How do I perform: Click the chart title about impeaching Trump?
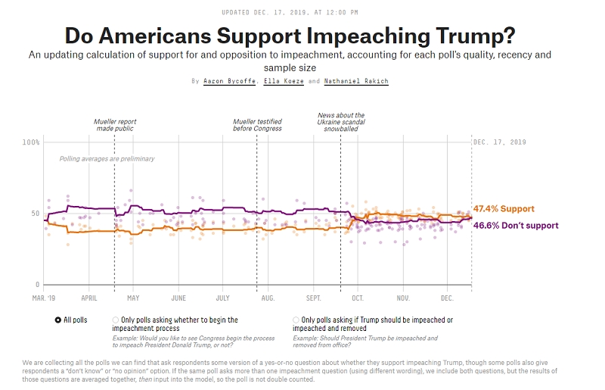tap(301, 35)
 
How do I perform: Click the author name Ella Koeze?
tap(284, 80)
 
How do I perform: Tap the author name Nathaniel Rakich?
tap(356, 80)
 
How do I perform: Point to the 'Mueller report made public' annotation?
tap(115, 125)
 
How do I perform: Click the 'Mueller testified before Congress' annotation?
tap(257, 125)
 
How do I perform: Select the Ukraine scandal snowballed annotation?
tap(341, 122)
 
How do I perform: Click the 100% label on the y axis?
tap(31, 142)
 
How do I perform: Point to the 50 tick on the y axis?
tap(35, 214)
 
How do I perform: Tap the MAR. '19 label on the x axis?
tap(44, 298)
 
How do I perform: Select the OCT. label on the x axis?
tap(357, 298)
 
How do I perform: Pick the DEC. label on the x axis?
tap(447, 298)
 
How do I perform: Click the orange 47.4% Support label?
tap(504, 209)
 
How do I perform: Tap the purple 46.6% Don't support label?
tap(516, 226)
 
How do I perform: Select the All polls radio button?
tap(58, 320)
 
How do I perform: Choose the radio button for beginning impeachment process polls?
tap(116, 320)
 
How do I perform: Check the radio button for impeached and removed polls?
tap(296, 320)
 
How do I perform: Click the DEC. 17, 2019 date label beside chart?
tap(499, 142)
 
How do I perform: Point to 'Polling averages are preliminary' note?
tap(107, 159)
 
